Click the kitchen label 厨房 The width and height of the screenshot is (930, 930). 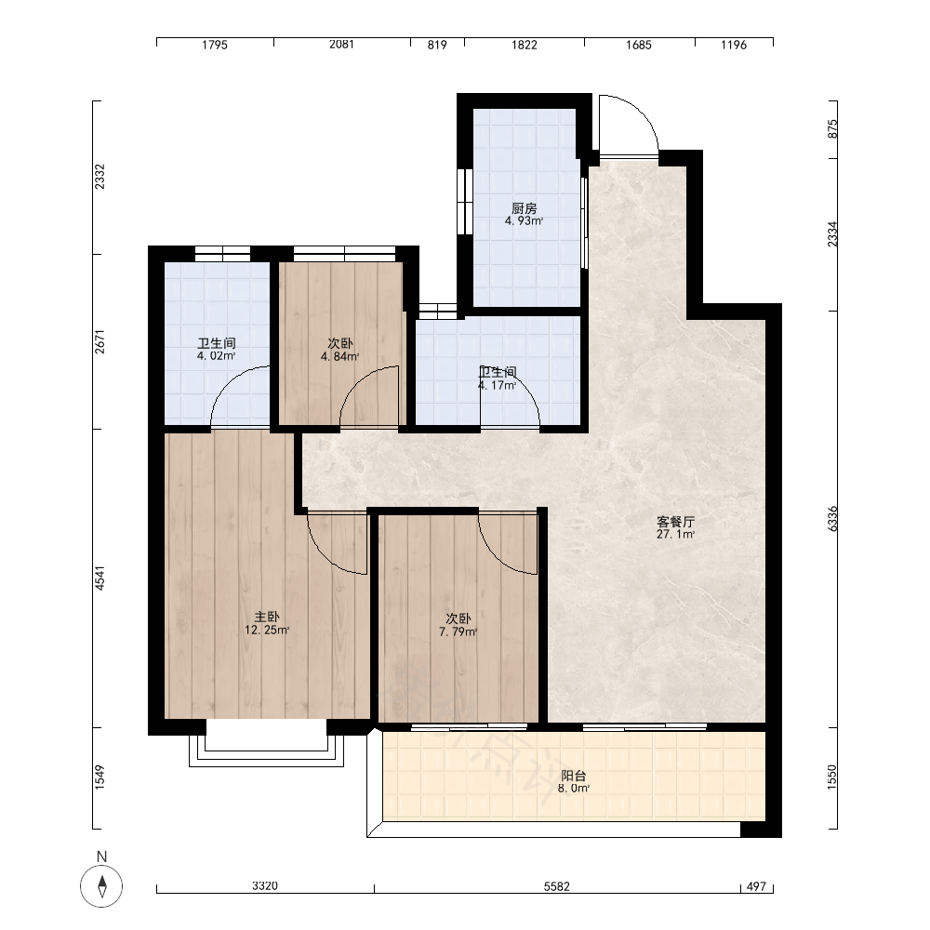click(x=525, y=208)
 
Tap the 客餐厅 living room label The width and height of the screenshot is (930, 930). click(x=675, y=522)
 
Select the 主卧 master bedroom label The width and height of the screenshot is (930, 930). click(x=267, y=618)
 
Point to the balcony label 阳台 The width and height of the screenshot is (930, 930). click(x=574, y=776)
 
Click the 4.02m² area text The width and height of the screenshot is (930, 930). click(x=217, y=356)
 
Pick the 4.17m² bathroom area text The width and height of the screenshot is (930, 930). click(x=497, y=385)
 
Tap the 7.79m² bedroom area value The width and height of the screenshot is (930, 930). click(x=458, y=631)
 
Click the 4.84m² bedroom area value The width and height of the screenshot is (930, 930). click(x=339, y=356)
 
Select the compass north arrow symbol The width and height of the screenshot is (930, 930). click(x=102, y=886)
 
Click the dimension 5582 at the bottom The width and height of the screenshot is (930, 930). click(x=556, y=886)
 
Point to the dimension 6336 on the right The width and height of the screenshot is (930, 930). click(x=832, y=518)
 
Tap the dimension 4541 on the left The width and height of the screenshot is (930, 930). click(x=100, y=578)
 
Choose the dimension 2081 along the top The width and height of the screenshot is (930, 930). click(x=341, y=45)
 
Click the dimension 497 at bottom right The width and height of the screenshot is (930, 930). click(x=756, y=886)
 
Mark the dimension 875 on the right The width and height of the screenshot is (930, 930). click(x=832, y=128)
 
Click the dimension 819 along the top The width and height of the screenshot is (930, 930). click(x=437, y=45)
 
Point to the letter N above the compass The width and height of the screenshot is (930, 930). click(x=102, y=857)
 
